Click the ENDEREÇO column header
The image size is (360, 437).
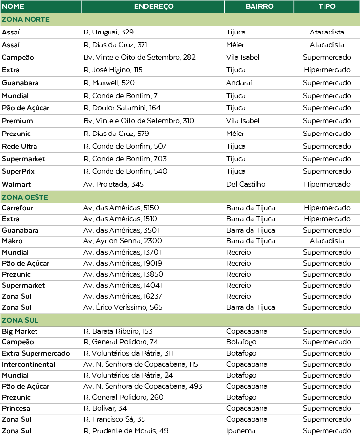pyautogui.click(x=153, y=7)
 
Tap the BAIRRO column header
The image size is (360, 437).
pyautogui.click(x=259, y=7)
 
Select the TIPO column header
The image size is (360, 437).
pyautogui.click(x=327, y=7)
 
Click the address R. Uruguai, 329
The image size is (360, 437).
pyautogui.click(x=108, y=33)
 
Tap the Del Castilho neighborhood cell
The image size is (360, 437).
pyautogui.click(x=246, y=184)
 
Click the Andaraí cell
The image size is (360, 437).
pyautogui.click(x=239, y=83)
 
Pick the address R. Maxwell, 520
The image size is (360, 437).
pyautogui.click(x=109, y=83)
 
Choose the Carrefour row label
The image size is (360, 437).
pyautogui.click(x=17, y=208)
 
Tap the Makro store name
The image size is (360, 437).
pyautogui.click(x=12, y=241)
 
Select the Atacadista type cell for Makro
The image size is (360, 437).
pyautogui.click(x=327, y=241)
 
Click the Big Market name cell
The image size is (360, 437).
pyautogui.click(x=20, y=332)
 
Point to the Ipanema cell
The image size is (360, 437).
pyautogui.click(x=241, y=431)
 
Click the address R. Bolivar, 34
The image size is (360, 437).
pyautogui.click(x=105, y=409)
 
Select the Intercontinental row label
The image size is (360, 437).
pyautogui.click(x=29, y=365)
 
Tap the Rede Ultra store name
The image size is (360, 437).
pyautogui.click(x=20, y=146)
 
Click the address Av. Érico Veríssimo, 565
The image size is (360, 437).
pyautogui.click(x=123, y=308)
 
